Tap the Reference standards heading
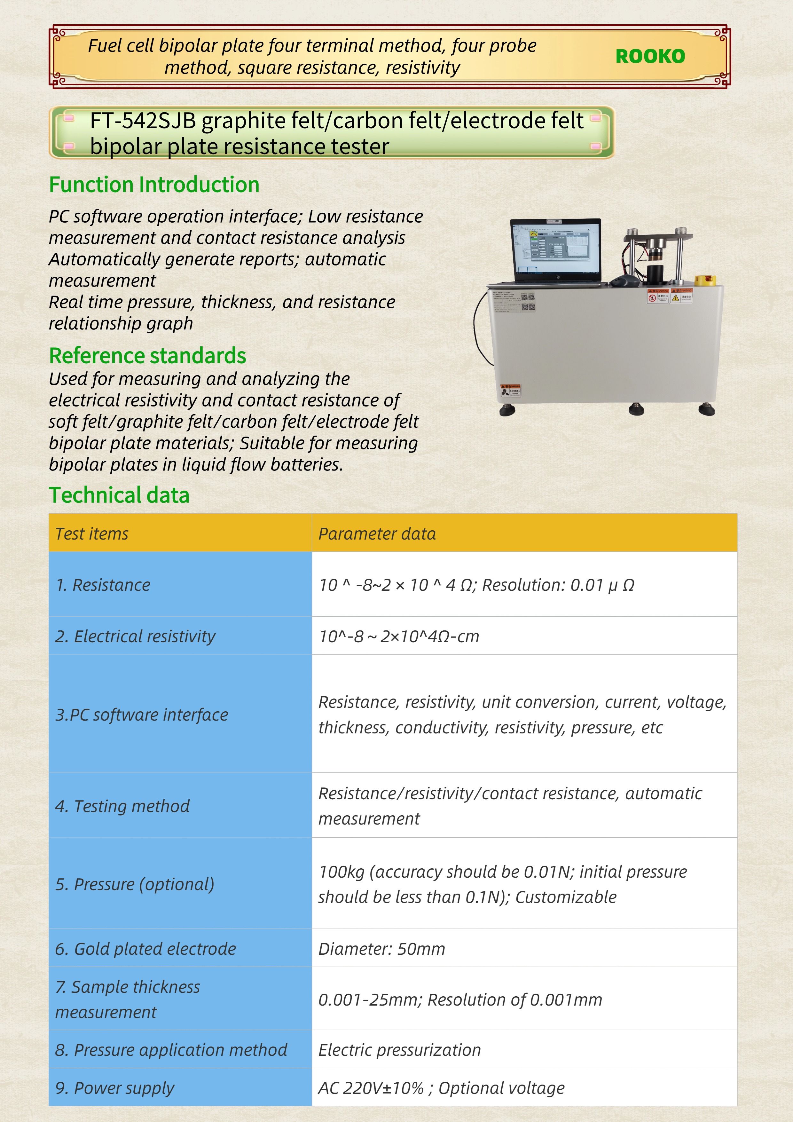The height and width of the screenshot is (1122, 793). pos(147,356)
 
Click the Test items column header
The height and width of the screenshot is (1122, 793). pos(92,533)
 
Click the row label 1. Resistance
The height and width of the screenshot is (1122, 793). pos(103,585)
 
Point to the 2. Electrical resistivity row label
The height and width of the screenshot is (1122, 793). pos(135,636)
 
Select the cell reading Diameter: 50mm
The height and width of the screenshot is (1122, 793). pos(381,949)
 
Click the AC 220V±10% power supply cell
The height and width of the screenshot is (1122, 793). pos(441,1088)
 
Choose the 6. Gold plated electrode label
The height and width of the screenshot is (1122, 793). pos(145,949)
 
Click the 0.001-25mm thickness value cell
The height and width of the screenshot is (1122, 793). pos(460,1000)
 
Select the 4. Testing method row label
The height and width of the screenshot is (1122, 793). pos(122,806)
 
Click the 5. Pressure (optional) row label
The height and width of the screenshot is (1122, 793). pos(134,884)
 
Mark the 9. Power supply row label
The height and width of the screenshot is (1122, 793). pos(114,1088)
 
